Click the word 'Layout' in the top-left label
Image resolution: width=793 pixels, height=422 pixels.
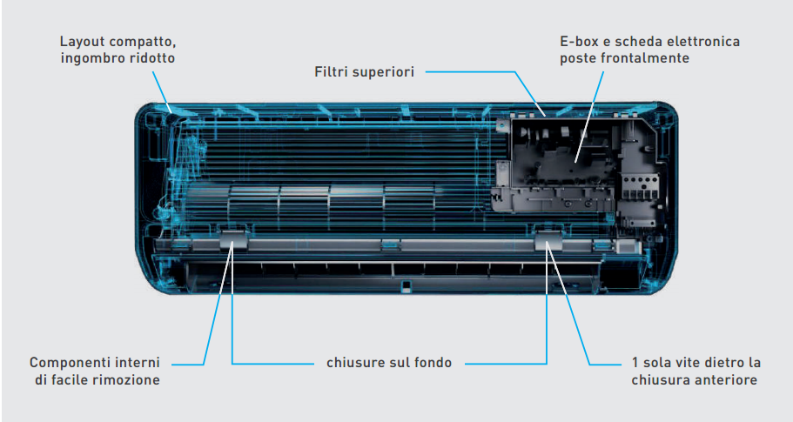83,42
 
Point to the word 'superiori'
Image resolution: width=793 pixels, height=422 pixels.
383,72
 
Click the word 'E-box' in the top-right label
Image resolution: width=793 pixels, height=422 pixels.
579,42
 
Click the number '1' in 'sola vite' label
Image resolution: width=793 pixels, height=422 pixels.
635,363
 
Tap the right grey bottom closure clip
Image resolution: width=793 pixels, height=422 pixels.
548,240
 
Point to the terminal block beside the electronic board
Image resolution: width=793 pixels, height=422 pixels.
641,188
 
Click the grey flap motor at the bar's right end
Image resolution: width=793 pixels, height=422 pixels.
628,247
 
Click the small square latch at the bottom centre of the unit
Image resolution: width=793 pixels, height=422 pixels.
404,286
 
